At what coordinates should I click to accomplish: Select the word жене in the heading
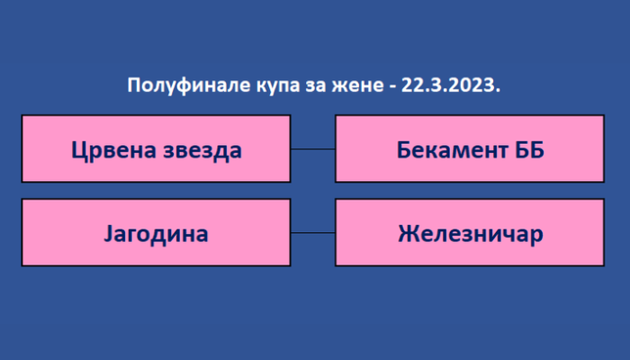[x=357, y=86]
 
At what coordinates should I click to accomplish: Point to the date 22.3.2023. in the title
[x=451, y=85]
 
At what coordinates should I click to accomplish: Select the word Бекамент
[x=453, y=150]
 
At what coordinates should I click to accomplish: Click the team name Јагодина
[x=156, y=234]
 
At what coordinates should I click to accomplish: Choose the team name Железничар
[x=471, y=234]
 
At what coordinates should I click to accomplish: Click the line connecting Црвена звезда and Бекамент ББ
[x=313, y=149]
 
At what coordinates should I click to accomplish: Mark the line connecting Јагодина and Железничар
[x=313, y=232]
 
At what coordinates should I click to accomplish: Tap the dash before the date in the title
[x=392, y=87]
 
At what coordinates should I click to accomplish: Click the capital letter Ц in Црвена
[x=78, y=151]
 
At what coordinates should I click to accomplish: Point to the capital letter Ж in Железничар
[x=408, y=233]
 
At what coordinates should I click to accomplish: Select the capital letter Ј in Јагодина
[x=108, y=233]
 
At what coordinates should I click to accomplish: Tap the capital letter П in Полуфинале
[x=134, y=85]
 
